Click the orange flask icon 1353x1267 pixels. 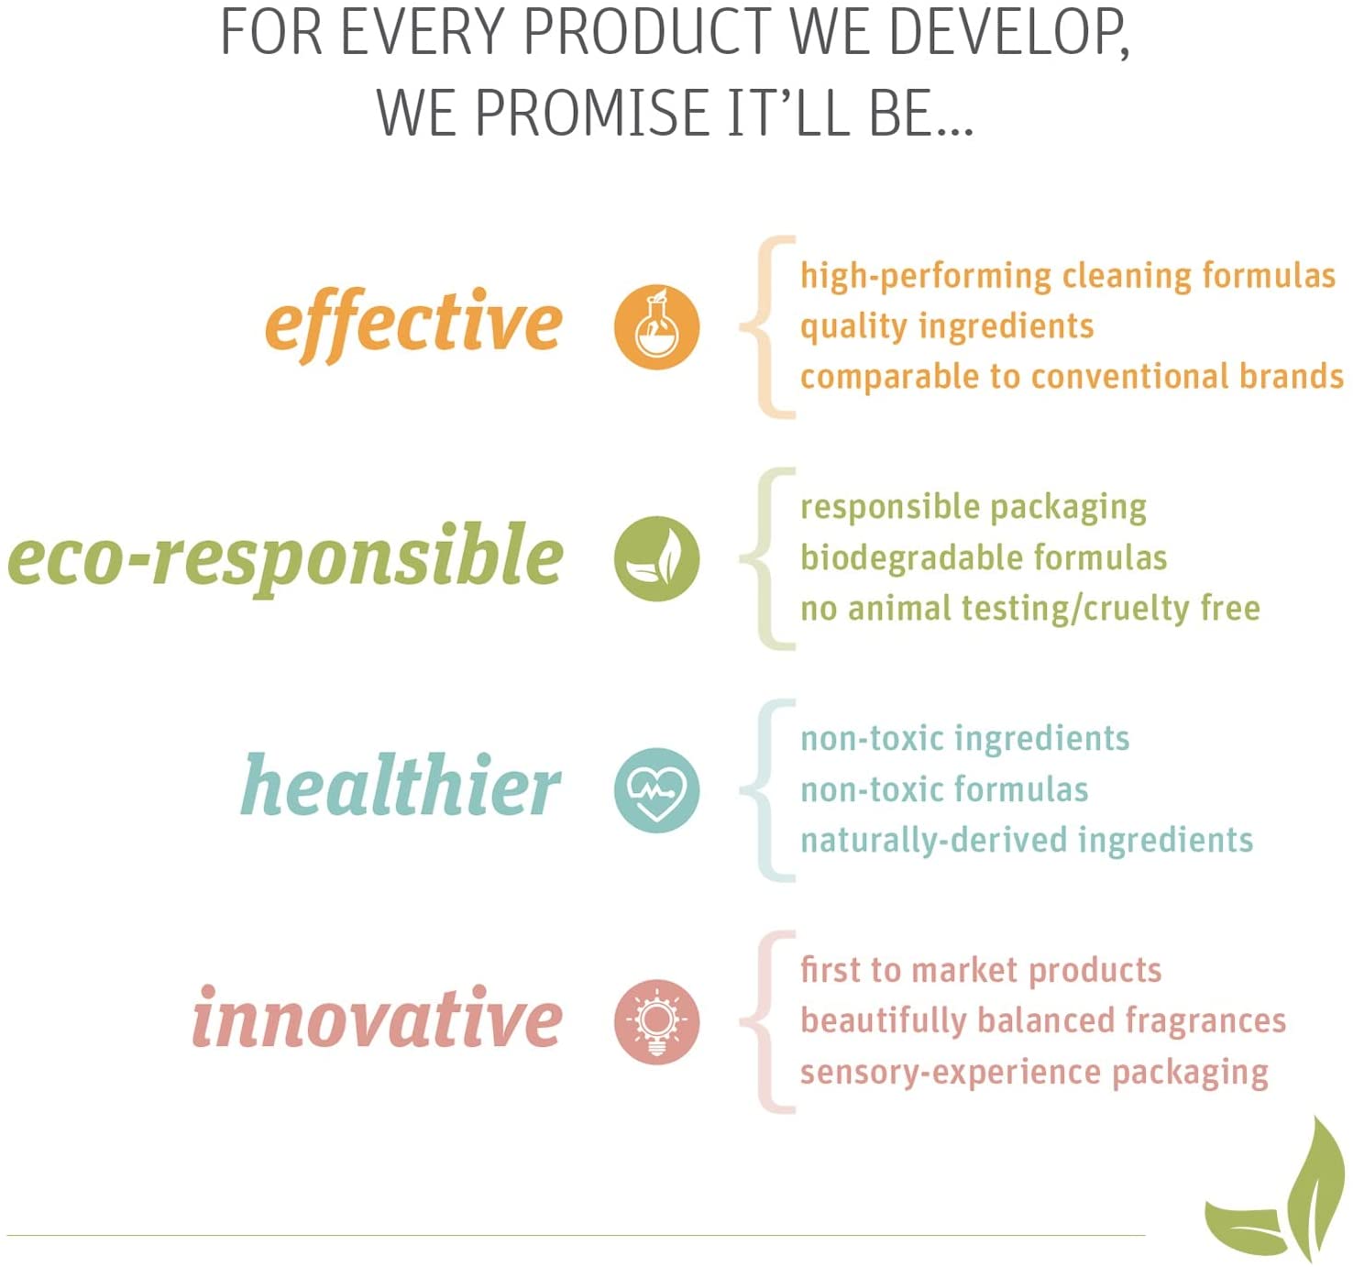[656, 327]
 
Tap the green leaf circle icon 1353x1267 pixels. [656, 559]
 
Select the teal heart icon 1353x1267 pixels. [656, 790]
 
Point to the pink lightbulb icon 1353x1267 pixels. [656, 1022]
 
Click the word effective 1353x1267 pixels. [413, 325]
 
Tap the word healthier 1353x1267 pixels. [401, 785]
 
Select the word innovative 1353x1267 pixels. [377, 1016]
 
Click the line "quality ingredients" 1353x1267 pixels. [947, 327]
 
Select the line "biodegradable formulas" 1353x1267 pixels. [984, 557]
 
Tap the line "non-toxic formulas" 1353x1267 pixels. [944, 790]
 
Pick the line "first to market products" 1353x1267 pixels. [981, 971]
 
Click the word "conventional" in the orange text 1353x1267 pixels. [1129, 376]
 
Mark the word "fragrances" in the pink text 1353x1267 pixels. [1205, 1021]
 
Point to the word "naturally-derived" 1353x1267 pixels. [933, 841]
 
